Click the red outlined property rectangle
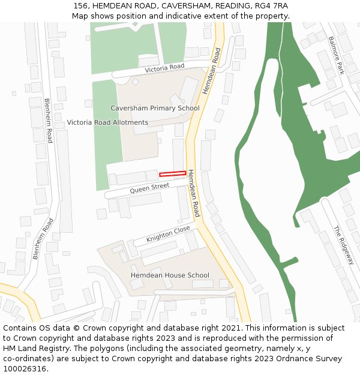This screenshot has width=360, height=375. click(x=172, y=174)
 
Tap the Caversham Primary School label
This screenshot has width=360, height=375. click(x=155, y=108)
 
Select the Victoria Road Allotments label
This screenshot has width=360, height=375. click(x=107, y=122)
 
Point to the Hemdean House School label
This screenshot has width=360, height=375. click(x=170, y=275)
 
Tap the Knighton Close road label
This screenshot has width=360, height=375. click(x=168, y=234)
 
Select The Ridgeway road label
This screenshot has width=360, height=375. click(x=344, y=245)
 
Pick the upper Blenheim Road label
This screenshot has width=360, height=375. click(x=49, y=121)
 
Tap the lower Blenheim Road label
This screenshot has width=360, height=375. click(x=43, y=239)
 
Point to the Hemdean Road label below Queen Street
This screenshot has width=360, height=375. click(x=193, y=193)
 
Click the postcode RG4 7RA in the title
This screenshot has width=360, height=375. click(x=274, y=6)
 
